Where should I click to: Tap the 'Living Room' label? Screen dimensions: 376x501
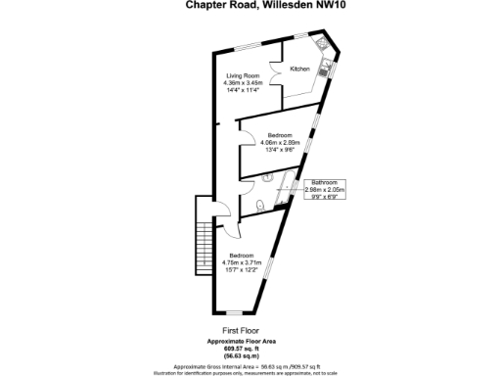pyautogui.click(x=243, y=75)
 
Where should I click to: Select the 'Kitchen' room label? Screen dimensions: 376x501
pyautogui.click(x=299, y=70)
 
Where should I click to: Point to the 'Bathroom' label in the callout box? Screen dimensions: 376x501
pyautogui.click(x=325, y=182)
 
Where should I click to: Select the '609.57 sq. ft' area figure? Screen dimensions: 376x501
pyautogui.click(x=240, y=348)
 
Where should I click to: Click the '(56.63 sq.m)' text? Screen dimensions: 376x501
pyautogui.click(x=240, y=354)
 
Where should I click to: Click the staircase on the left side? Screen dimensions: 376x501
pyautogui.click(x=204, y=239)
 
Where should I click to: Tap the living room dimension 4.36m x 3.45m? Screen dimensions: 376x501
pyautogui.click(x=243, y=84)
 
